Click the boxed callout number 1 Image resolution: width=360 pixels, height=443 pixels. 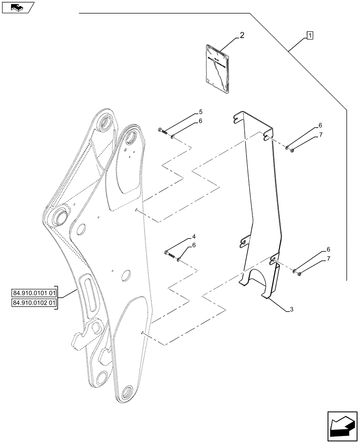click(309, 35)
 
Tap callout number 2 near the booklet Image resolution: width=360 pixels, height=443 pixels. click(242, 35)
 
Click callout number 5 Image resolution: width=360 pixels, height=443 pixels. click(200, 113)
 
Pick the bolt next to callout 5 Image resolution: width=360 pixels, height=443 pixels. click(162, 131)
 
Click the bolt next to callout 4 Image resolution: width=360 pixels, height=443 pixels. click(168, 254)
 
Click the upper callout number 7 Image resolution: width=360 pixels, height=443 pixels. click(321, 135)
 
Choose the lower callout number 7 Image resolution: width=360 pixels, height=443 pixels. click(328, 258)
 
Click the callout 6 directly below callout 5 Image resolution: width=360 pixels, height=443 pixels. click(200, 121)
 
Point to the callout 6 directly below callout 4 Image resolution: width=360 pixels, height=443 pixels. click(194, 245)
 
